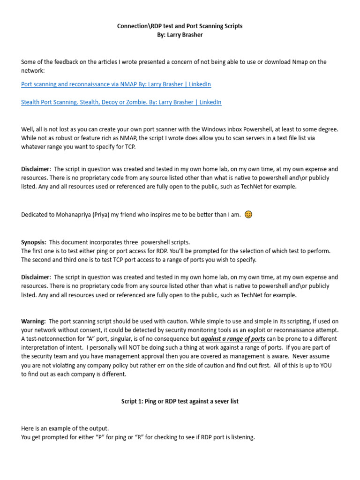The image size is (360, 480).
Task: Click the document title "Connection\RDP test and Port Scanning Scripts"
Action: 180,26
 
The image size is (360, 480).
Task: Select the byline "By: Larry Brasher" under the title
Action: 180,35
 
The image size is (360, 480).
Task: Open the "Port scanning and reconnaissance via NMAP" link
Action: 116,84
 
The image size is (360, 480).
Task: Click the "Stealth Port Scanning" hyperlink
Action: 121,102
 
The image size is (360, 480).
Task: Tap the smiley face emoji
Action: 248,215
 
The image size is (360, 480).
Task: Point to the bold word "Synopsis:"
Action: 34,242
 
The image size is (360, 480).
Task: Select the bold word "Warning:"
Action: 33,321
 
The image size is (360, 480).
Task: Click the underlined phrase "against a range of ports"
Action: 233,339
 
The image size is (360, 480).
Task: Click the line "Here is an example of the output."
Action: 65,428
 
